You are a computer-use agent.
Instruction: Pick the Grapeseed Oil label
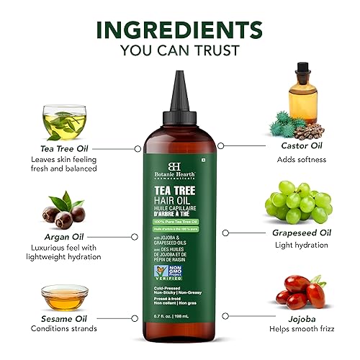(300, 233)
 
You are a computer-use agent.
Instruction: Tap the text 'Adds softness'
(301, 159)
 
